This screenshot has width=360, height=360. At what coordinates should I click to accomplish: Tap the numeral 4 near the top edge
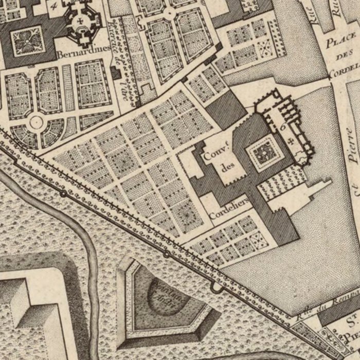point(55,6)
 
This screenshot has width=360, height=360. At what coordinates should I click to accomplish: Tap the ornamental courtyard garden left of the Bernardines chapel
point(25,41)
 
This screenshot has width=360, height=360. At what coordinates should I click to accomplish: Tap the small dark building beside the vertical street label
point(115,73)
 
